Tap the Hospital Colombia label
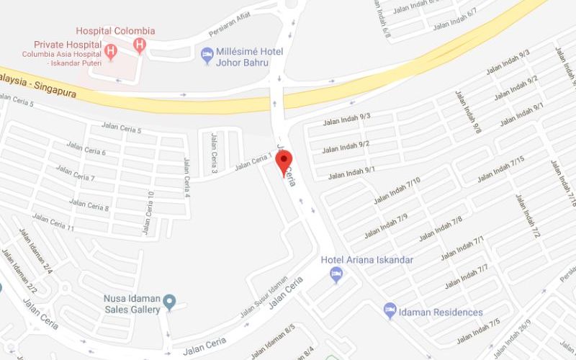(116, 31)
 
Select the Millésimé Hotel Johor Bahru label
(249, 57)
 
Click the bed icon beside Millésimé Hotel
(207, 53)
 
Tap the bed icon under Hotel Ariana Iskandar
(336, 274)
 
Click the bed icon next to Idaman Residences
(390, 310)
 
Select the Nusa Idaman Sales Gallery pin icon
(169, 301)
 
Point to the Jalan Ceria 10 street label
(150, 212)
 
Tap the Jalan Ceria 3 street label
(214, 153)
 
